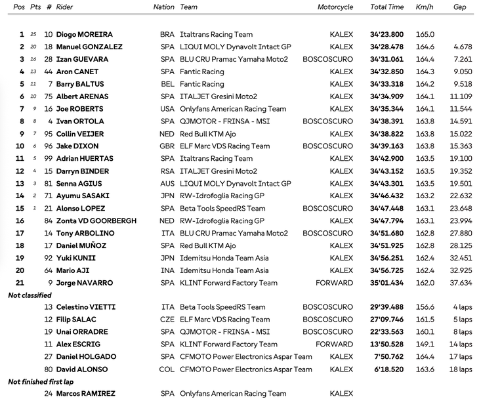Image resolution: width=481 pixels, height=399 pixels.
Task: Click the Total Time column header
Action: click(387, 7)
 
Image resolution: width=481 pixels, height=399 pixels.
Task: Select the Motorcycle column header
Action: click(335, 7)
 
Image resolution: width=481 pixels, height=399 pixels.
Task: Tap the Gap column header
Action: click(460, 7)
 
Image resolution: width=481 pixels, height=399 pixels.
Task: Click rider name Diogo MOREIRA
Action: click(84, 34)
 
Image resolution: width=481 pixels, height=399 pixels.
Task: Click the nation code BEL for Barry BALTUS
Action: click(167, 84)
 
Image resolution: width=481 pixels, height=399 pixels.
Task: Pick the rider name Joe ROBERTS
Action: click(79, 109)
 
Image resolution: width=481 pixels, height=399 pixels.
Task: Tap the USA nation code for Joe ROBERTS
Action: click(167, 109)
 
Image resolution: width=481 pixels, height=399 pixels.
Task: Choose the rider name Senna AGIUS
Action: click(79, 184)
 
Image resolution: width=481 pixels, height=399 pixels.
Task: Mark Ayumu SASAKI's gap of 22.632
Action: click(460, 196)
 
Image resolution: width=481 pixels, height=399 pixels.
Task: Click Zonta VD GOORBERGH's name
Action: click(96, 220)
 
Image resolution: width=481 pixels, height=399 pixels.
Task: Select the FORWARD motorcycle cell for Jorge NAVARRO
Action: click(334, 283)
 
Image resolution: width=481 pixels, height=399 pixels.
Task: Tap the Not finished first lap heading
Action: click(40, 381)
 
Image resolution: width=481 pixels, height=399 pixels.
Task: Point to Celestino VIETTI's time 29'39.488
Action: click(387, 307)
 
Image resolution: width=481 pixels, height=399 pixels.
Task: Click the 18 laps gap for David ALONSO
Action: click(461, 369)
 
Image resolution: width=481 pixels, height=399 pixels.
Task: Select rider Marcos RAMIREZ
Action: click(86, 394)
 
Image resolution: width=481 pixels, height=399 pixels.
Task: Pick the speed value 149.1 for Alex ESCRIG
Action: click(425, 345)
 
